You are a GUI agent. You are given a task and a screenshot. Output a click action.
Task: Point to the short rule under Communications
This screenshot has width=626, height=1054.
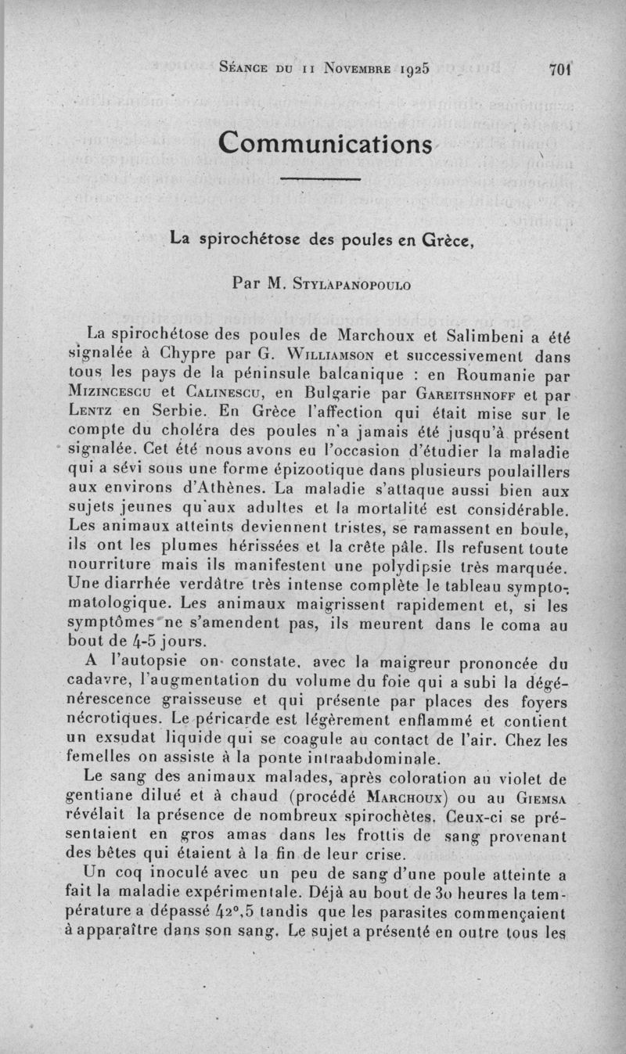pos(319,181)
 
